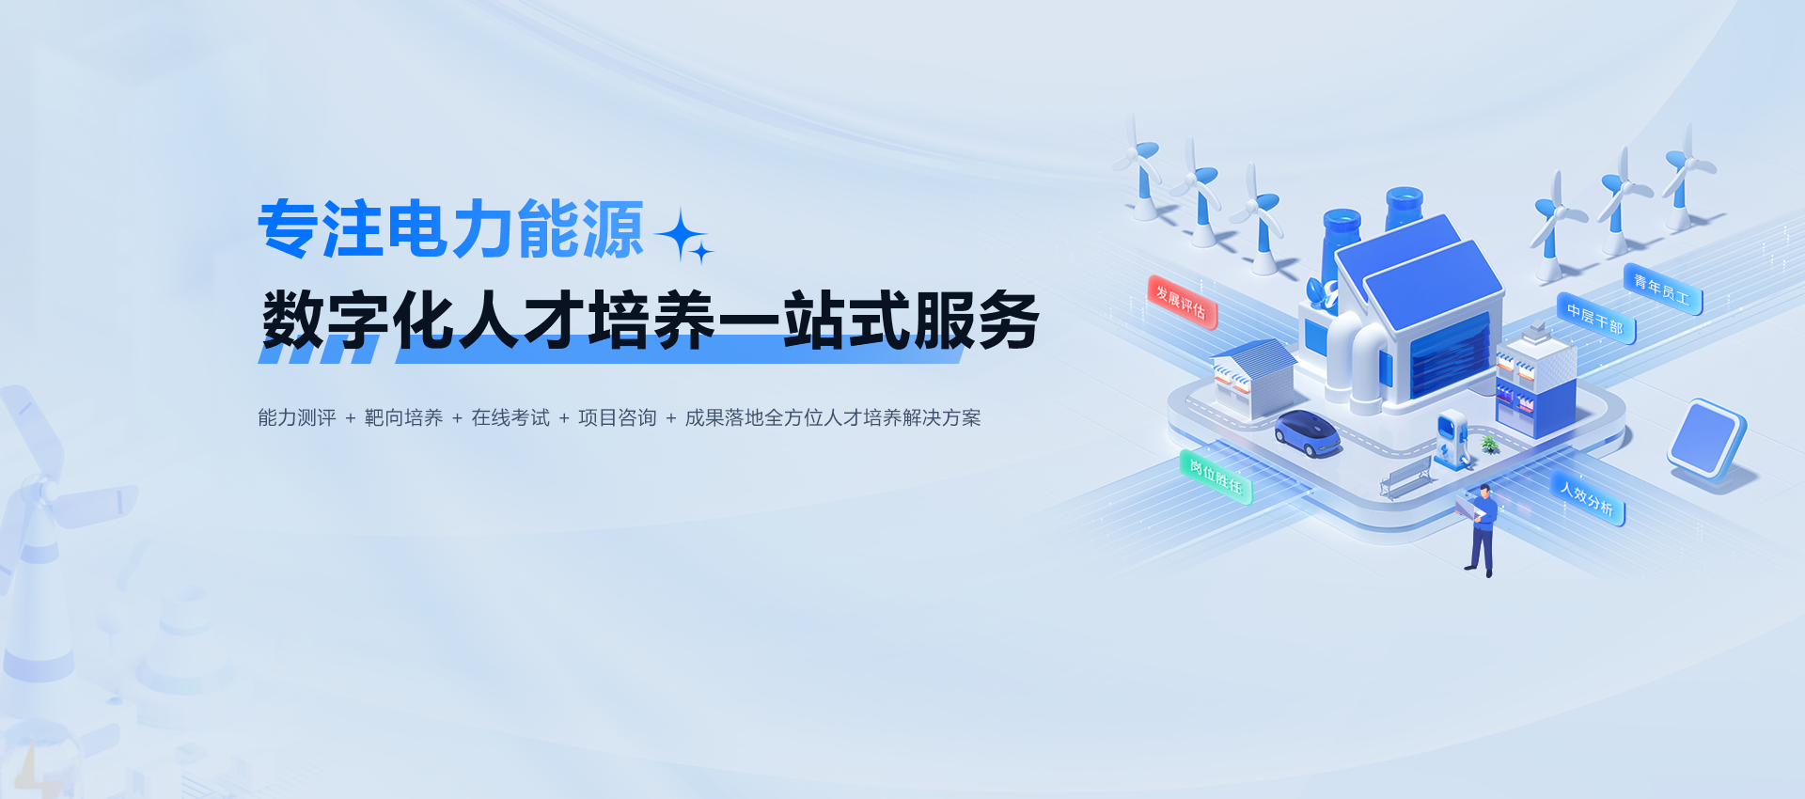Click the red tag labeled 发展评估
pos(1182,302)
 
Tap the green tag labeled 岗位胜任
pos(1216,477)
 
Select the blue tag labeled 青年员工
pos(1662,290)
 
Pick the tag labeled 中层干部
pos(1595,319)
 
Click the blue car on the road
pos(1308,432)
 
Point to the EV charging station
pos(1452,439)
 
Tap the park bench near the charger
pos(1405,477)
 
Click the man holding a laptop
pos(1480,529)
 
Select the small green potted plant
pos(1490,444)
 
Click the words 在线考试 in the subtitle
pos(510,417)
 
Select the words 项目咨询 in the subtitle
pos(618,417)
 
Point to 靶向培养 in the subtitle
pos(403,417)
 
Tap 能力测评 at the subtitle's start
pos(297,417)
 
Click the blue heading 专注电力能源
pos(451,229)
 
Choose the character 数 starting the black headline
pos(293,321)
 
